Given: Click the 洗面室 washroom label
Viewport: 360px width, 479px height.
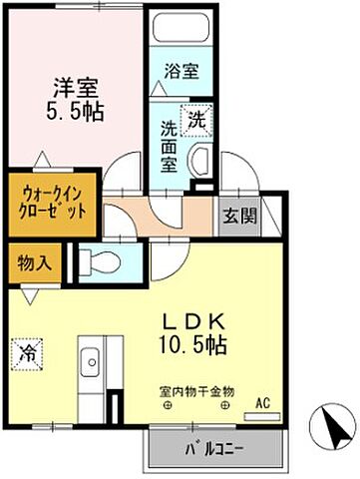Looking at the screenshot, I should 170,147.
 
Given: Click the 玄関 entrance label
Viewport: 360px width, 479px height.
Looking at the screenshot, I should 238,214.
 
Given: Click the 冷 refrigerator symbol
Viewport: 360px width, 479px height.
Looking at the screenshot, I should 25,350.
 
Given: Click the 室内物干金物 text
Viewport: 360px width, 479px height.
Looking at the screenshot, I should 195,391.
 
